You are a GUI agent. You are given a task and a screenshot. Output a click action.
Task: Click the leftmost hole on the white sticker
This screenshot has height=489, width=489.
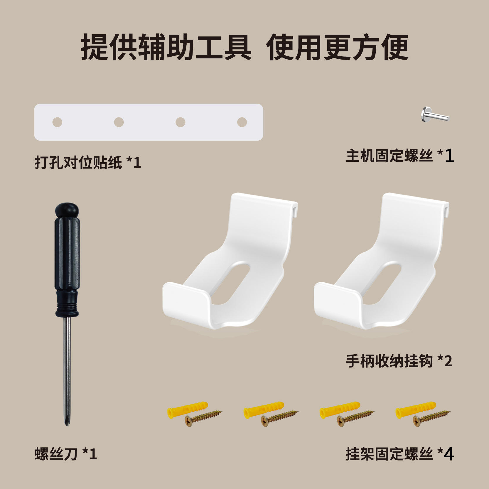[57, 122]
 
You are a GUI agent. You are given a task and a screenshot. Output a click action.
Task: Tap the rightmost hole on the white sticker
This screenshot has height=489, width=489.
[242, 122]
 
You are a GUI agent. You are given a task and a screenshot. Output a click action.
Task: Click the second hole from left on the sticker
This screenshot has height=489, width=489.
[119, 122]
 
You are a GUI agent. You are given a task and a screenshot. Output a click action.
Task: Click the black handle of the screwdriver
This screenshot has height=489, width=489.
[67, 258]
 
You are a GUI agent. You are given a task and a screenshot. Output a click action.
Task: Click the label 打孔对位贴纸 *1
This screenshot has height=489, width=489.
[88, 162]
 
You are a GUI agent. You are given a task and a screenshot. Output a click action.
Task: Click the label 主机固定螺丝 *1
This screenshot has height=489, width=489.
[399, 156]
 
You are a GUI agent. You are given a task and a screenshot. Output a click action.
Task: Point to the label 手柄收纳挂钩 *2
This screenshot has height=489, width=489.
[399, 361]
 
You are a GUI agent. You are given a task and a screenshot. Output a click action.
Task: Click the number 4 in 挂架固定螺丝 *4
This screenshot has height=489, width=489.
[448, 454]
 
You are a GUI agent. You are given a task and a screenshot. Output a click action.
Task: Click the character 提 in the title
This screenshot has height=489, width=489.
[95, 47]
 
